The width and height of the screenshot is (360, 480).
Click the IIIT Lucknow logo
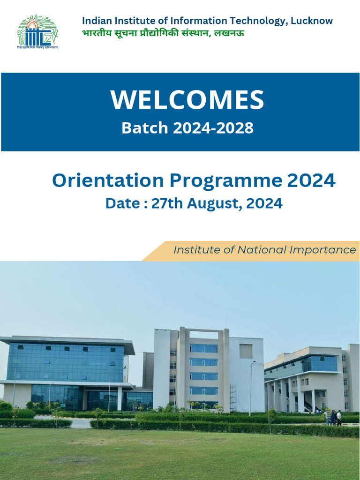click(37, 31)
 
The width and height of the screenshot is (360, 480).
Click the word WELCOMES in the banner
click(187, 99)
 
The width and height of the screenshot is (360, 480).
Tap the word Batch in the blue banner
click(144, 128)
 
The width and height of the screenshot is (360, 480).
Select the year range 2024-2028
click(213, 128)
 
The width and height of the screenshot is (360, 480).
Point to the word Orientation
click(108, 180)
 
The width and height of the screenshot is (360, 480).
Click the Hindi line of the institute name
click(163, 33)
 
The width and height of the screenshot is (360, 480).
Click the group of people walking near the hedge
click(333, 417)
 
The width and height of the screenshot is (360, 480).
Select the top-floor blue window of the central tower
click(203, 348)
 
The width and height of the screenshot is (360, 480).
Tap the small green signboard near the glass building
click(63, 405)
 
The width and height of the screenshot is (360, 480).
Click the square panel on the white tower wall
click(246, 351)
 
